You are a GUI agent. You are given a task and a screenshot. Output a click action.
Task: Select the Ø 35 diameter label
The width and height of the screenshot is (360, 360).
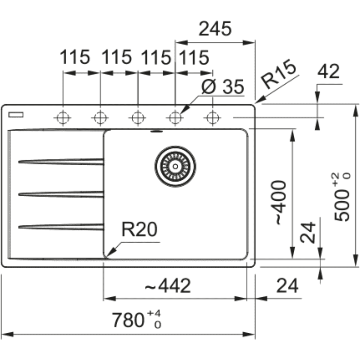click(223, 87)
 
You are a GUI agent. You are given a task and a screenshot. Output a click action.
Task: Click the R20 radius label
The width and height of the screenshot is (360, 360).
click(139, 230)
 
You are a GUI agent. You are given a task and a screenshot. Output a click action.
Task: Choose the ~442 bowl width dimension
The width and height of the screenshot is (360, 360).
click(168, 286)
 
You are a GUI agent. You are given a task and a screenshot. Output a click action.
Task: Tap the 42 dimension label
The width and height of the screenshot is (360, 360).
click(328, 72)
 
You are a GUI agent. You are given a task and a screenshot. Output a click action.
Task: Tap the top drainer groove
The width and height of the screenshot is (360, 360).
click(61, 162)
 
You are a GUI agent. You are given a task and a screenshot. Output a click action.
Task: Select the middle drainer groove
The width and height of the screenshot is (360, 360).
click(61, 194)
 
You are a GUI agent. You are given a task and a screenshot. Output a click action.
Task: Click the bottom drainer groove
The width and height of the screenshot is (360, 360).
click(61, 227)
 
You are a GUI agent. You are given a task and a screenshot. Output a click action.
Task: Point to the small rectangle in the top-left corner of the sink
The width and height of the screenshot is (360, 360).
click(16, 114)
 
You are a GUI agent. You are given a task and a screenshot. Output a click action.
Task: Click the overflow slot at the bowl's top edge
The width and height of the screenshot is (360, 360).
click(156, 131)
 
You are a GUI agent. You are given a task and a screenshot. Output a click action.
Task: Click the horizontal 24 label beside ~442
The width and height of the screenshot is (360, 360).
click(287, 286)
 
